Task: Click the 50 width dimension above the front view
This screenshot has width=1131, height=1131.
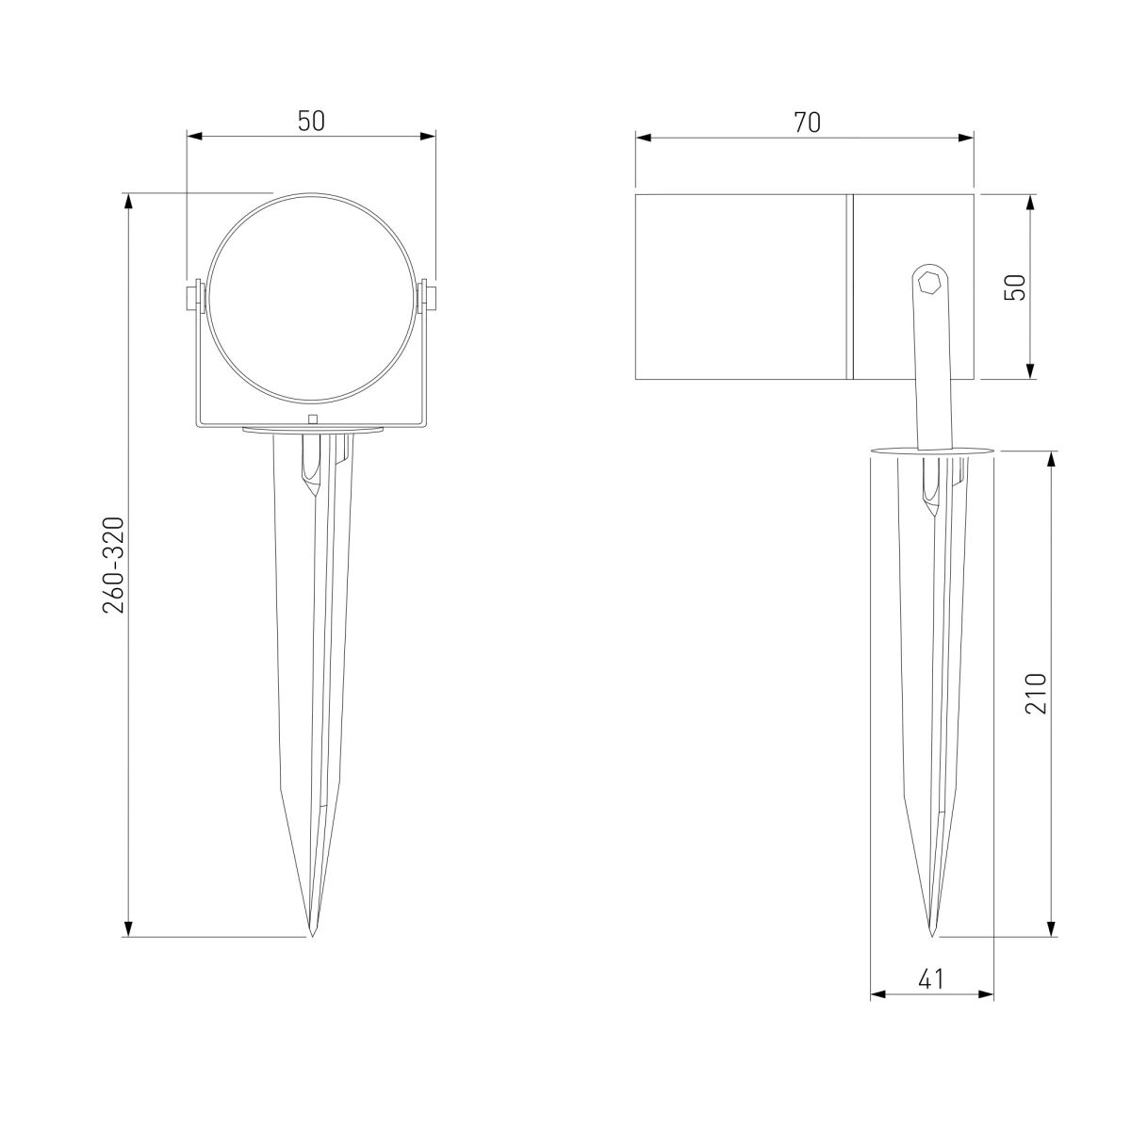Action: coord(312,122)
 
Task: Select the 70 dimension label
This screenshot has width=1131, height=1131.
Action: coord(807,122)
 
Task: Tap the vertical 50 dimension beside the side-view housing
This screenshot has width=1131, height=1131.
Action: coord(1015,287)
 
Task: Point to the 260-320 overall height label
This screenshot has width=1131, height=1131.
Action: coord(113,565)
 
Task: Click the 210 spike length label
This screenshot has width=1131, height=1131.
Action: coord(1036,694)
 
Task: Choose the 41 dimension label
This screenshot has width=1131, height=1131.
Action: coord(930,979)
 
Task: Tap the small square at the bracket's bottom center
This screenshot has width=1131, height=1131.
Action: coord(313,420)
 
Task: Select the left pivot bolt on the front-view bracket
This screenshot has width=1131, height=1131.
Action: coord(193,297)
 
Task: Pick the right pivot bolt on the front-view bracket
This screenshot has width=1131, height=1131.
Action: coord(430,297)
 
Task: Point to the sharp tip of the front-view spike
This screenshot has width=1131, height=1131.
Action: coord(312,935)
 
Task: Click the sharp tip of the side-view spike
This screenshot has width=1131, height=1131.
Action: coord(931,935)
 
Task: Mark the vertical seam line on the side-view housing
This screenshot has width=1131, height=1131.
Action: coord(849,287)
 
